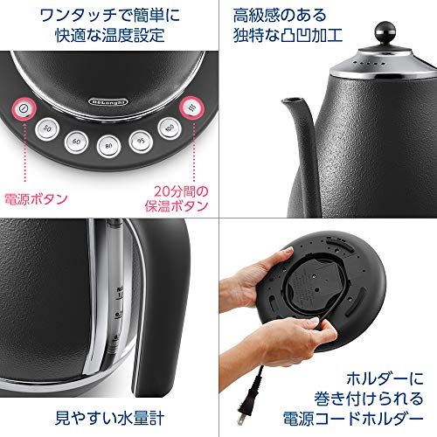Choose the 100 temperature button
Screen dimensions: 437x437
pyautogui.click(x=169, y=128)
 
